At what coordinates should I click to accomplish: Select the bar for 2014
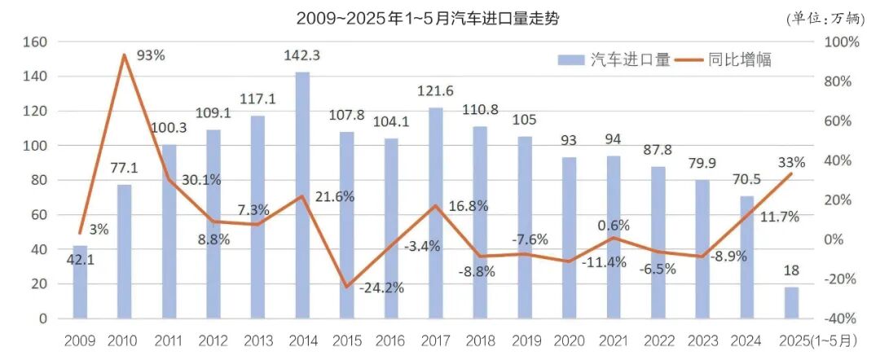302,195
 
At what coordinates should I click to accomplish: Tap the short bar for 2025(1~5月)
791,303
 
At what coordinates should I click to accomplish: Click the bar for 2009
80,282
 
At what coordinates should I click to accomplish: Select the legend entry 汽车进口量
614,59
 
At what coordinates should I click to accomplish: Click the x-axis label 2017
435,340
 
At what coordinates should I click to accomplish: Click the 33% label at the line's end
791,161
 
